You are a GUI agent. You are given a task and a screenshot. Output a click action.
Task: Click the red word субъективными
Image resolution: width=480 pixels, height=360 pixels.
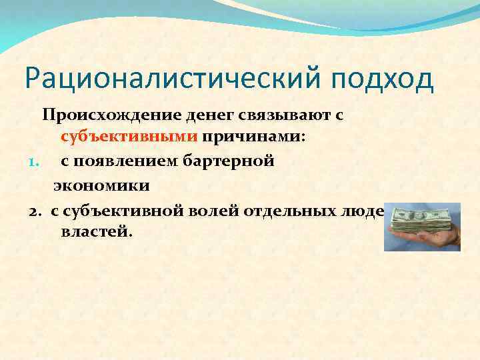click(129, 138)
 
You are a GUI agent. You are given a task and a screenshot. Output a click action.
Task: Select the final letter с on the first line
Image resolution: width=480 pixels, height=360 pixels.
click(339, 116)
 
